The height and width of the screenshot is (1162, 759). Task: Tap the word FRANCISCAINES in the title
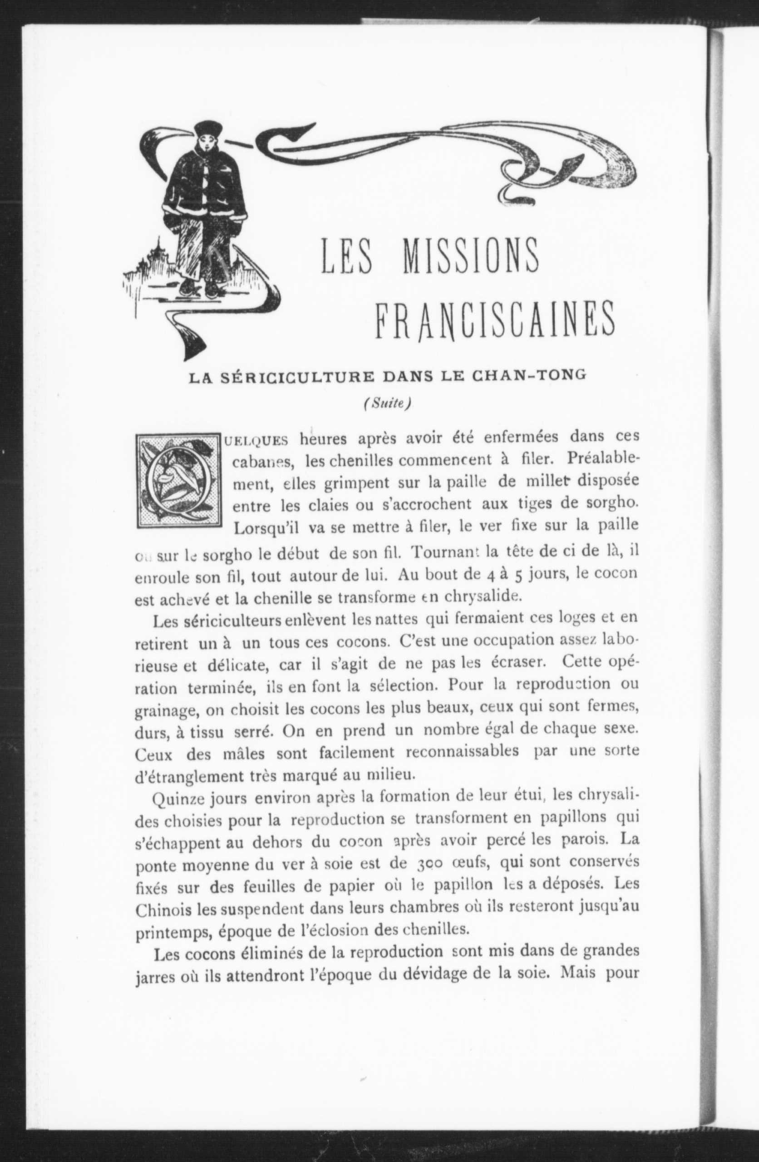[494, 320]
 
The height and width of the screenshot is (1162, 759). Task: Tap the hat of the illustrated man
[207, 129]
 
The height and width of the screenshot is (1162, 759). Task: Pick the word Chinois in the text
[163, 910]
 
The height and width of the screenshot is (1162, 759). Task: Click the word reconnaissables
[462, 751]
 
